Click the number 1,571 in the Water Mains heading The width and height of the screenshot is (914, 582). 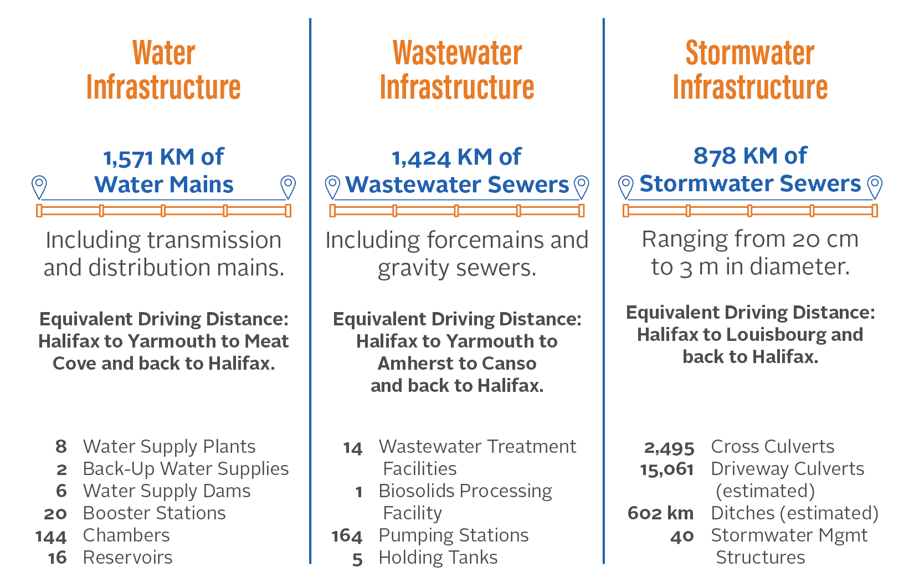128,158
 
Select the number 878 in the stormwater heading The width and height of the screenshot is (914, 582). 711,156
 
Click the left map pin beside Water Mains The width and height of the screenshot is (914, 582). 39,187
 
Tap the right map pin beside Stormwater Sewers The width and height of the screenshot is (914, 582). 874,187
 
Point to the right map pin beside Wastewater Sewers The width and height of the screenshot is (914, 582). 581,187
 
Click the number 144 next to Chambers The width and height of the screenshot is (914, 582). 51,536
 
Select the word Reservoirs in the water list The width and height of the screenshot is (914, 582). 127,558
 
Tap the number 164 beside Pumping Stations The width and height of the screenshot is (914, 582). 347,536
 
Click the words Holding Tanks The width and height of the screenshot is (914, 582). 438,558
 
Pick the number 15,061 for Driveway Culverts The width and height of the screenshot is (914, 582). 666,469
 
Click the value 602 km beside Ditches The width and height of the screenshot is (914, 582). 660,513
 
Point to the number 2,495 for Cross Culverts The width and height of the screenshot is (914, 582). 669,447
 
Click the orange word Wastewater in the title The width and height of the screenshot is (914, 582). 457,54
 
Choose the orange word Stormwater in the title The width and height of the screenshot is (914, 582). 750,54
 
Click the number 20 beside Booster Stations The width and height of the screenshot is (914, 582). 55,514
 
